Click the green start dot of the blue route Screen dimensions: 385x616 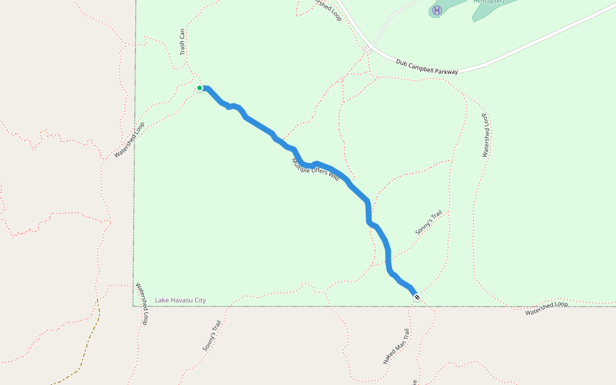200,88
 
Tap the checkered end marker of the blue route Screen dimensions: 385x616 417,296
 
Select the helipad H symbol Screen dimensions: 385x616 437,10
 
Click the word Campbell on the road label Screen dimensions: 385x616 425,67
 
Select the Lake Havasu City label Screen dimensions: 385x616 180,300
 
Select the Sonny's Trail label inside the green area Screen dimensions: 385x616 429,222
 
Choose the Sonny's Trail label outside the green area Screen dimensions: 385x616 212,335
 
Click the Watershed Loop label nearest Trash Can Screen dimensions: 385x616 130,140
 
